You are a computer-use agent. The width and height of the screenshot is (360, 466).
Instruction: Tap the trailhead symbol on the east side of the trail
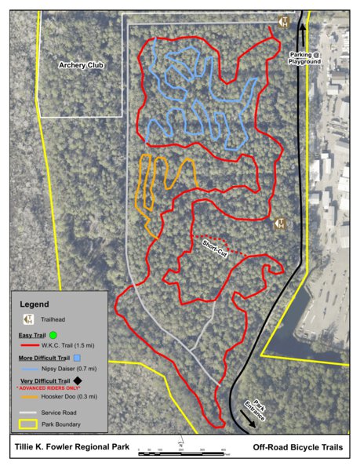[280, 224]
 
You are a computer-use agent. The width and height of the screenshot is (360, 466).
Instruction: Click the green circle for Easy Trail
[64, 335]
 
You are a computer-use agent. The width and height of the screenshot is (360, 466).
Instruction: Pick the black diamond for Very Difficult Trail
[101, 381]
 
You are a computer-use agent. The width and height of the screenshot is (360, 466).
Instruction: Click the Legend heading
[35, 304]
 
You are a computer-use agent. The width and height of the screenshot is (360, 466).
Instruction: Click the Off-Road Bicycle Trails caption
[298, 448]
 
